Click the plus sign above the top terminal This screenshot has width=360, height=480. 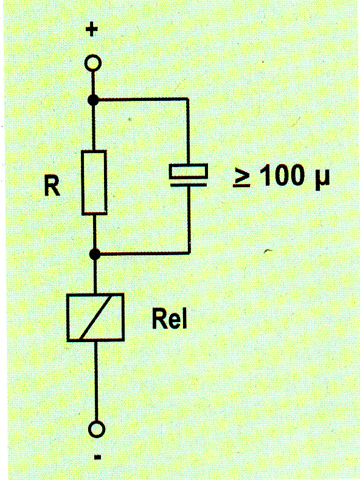[92, 30]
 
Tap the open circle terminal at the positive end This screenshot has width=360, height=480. [92, 63]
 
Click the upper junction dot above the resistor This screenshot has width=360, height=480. [93, 100]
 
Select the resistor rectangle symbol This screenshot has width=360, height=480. [94, 182]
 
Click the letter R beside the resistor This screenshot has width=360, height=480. [52, 186]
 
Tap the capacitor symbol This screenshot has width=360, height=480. [189, 175]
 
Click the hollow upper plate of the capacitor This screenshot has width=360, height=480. [189, 171]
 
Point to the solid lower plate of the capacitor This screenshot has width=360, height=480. [189, 185]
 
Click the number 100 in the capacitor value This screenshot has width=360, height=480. [282, 176]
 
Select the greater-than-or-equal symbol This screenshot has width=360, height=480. [241, 177]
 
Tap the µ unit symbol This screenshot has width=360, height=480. [322, 179]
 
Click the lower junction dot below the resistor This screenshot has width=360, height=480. [95, 254]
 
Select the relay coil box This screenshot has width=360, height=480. [95, 317]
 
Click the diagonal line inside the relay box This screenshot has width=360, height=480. [95, 317]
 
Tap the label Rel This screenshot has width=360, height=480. [169, 319]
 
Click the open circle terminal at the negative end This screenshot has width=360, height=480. [97, 429]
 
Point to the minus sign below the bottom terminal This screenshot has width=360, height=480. [97, 458]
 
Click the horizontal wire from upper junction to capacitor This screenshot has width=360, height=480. [141, 99]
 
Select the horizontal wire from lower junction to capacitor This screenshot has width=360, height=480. [142, 253]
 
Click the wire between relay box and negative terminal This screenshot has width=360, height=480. [96, 381]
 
